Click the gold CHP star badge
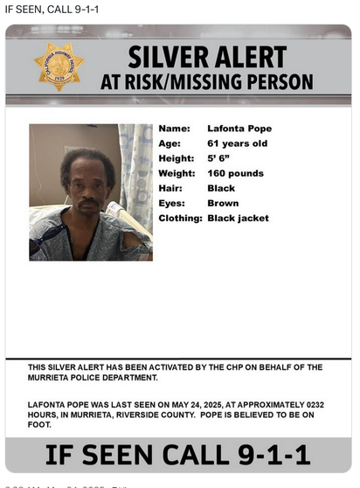pos(59,67)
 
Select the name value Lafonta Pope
pos(239,129)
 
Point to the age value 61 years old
pos(238,143)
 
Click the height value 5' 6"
pos(221,158)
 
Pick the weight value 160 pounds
pos(235,173)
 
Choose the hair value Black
pos(221,188)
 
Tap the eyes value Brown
pos(223,203)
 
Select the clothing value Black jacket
pos(238,218)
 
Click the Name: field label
pos(174,129)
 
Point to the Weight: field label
pos(177,173)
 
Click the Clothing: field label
pos(180,218)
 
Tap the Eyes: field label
pos(172,203)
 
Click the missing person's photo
pos(91,192)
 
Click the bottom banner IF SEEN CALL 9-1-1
pos(178,455)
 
